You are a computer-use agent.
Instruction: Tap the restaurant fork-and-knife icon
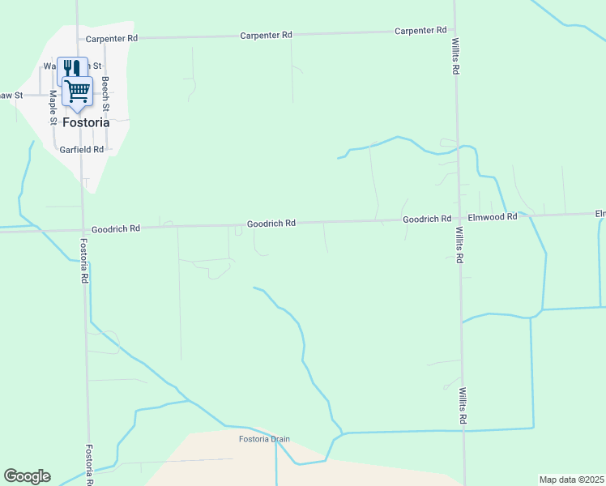point(70,68)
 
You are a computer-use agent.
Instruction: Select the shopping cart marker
point(79,91)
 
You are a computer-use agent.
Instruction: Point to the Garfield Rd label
point(82,150)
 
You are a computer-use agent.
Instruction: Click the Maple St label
point(53,107)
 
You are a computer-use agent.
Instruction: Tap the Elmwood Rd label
point(492,217)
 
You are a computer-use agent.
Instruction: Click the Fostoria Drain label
point(264,440)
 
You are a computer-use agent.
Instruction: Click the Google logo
point(27,476)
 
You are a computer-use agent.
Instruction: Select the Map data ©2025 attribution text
point(571,480)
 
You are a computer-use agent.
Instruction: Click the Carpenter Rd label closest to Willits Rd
point(420,30)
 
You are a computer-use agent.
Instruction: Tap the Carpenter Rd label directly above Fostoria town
point(111,38)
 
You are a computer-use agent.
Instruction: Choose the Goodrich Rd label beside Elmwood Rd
point(427,220)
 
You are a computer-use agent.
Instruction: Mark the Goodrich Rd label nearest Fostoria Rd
point(116,229)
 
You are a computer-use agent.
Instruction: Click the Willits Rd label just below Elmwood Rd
point(459,244)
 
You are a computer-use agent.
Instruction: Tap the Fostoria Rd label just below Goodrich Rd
point(83,260)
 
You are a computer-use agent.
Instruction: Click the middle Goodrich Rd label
point(271,223)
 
